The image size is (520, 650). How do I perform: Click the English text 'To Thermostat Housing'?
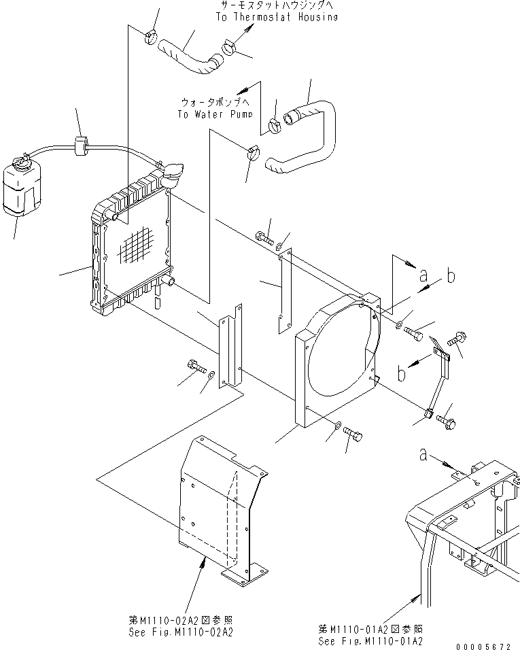[x=276, y=17]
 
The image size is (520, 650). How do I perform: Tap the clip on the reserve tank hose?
[x=81, y=145]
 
